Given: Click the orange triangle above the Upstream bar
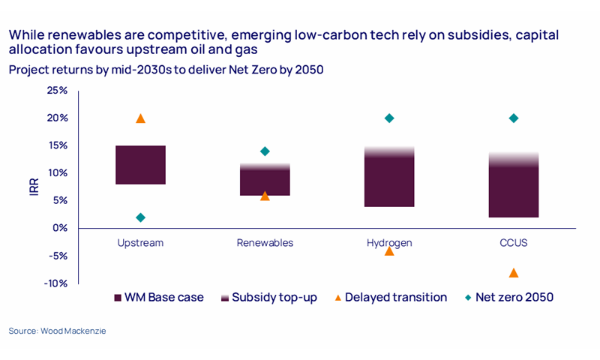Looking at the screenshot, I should pos(140,118).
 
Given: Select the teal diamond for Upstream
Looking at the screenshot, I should pos(140,217).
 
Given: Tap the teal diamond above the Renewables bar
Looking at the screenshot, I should pos(265,151).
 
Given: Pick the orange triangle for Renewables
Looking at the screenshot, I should pos(265,196).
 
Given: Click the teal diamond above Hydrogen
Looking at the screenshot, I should pos(389,118).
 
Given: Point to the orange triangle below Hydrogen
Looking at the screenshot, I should pos(389,250).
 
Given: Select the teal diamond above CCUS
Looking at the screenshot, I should pos(514,118).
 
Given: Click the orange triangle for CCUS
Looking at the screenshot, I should pos(514,273).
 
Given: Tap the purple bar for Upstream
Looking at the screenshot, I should pos(140,165).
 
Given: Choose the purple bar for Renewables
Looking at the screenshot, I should pos(265,180).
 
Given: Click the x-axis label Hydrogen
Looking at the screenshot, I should pos(389,243).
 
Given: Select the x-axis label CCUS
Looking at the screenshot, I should pos(514,243).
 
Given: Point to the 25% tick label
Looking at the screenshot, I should pos(57,91).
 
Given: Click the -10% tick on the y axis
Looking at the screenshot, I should pos(57,283).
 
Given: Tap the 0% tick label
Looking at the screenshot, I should pos(59,228).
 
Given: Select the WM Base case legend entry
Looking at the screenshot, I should pos(158,298).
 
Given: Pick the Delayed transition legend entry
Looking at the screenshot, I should pos(391,298).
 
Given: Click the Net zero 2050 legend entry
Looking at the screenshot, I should pos(509,298).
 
